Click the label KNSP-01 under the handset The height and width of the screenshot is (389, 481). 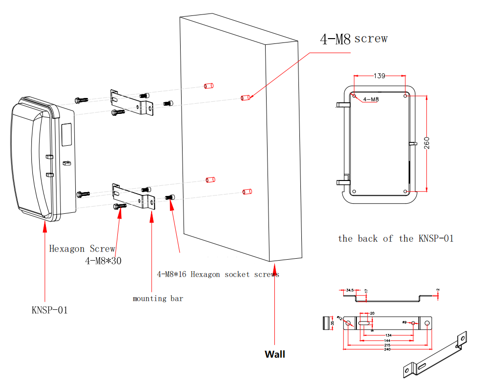click(50, 310)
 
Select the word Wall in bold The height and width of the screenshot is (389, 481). click(275, 354)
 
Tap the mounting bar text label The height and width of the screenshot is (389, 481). click(158, 299)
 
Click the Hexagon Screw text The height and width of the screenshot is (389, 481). click(82, 249)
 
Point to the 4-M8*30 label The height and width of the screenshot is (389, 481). click(103, 261)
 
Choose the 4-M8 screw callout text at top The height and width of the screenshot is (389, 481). click(354, 39)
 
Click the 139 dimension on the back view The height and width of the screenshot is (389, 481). click(380, 76)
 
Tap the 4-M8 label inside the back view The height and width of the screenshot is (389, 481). click(370, 99)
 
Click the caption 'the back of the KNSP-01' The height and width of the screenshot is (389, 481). click(396, 238)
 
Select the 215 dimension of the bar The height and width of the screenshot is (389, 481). click(387, 345)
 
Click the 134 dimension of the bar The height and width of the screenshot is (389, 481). click(388, 335)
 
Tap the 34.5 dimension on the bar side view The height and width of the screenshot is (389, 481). click(350, 290)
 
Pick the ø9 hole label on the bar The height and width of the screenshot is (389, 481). click(404, 321)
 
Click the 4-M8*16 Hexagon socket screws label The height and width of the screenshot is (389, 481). click(218, 274)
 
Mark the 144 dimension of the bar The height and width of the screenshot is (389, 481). click(387, 340)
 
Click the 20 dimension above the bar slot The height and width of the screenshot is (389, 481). click(372, 313)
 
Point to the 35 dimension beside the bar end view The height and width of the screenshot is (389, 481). click(332, 323)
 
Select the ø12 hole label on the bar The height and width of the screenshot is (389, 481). click(340, 318)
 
